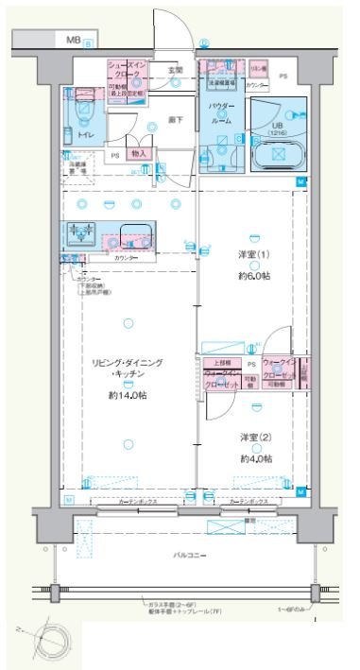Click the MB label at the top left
[x=73, y=41]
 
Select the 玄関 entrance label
[x=176, y=70]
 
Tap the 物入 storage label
[x=138, y=153]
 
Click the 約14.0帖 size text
[x=128, y=394]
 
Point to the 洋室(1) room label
[x=254, y=254]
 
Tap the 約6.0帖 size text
[x=254, y=276]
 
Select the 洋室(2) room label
[x=254, y=438]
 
